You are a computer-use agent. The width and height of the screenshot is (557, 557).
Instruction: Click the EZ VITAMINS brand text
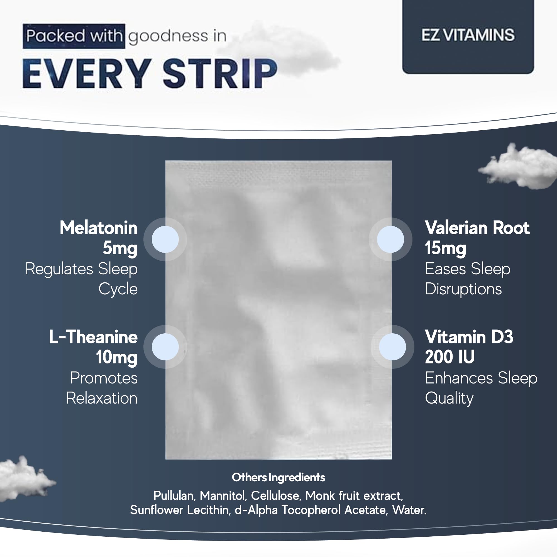(x=468, y=35)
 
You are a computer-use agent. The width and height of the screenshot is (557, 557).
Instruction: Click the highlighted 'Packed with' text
(x=74, y=36)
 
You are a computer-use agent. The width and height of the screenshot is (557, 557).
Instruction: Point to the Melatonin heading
(x=98, y=228)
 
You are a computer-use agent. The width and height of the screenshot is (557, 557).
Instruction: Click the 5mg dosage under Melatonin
(x=120, y=248)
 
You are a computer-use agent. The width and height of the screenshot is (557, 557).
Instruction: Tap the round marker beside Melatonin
(x=165, y=239)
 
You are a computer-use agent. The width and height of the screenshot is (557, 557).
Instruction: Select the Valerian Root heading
(x=477, y=228)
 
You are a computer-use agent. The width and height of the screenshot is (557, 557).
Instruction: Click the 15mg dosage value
(x=445, y=248)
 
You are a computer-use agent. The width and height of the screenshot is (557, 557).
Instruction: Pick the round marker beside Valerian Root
(x=390, y=239)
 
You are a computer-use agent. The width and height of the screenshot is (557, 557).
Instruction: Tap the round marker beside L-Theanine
(x=165, y=347)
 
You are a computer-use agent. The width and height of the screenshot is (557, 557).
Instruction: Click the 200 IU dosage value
(x=450, y=357)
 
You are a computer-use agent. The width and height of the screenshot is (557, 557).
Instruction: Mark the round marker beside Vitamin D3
(x=392, y=347)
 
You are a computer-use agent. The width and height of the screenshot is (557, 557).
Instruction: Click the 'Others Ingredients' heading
(x=278, y=477)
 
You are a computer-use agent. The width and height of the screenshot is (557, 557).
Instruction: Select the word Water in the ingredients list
(x=409, y=510)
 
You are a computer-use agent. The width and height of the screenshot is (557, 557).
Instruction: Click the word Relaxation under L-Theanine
(x=102, y=398)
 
